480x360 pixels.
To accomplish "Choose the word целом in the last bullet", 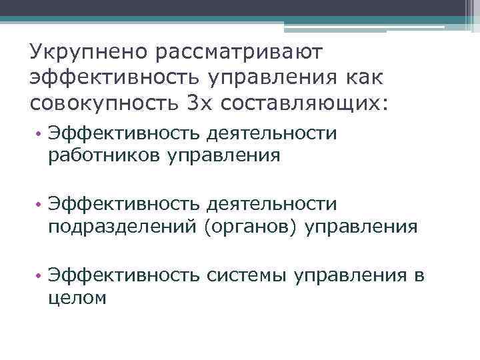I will [x=77, y=298].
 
